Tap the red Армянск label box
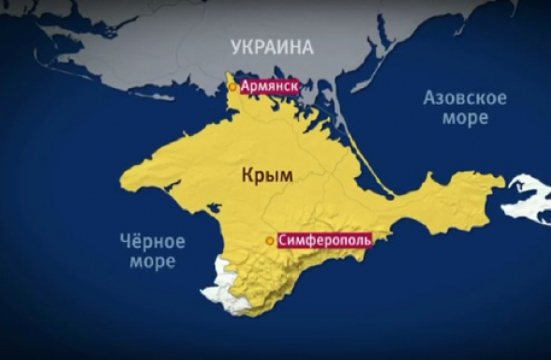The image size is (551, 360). pyautogui.click(x=270, y=86)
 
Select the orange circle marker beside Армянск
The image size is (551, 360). pyautogui.click(x=233, y=87)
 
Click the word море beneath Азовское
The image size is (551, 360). pyautogui.click(x=466, y=118)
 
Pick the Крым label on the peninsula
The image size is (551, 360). pyautogui.click(x=266, y=175)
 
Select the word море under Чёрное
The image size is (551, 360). pyautogui.click(x=151, y=262)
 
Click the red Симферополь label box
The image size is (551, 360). pyautogui.click(x=325, y=241)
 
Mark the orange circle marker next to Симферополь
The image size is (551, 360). pyautogui.click(x=270, y=241)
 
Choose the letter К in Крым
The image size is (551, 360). pyautogui.click(x=246, y=175)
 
